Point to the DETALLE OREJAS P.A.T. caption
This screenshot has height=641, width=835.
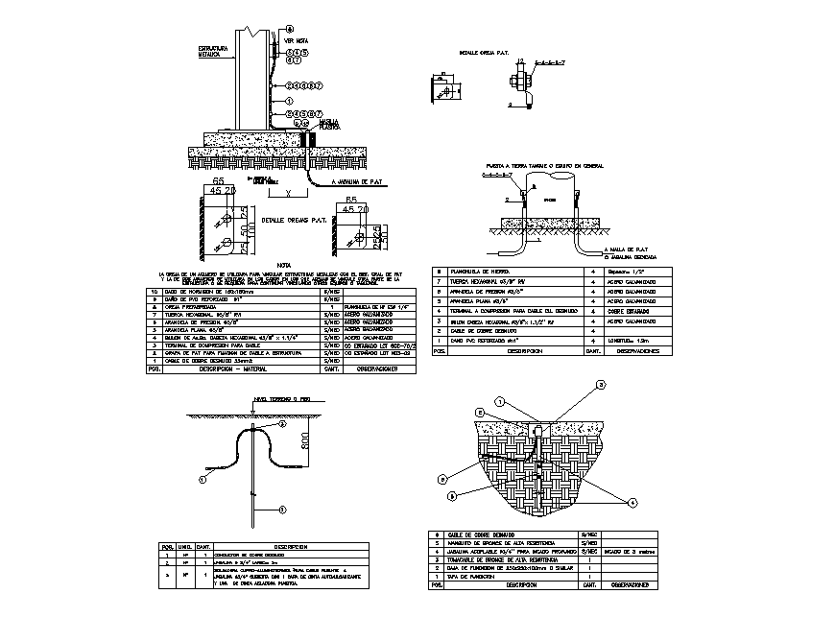[295, 220]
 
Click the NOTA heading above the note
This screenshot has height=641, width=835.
[283, 265]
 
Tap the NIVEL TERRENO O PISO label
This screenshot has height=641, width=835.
[276, 398]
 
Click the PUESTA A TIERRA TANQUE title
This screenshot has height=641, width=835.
[545, 165]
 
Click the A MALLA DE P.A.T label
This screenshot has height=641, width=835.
[627, 250]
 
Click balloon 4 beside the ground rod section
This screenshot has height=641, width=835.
[632, 502]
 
